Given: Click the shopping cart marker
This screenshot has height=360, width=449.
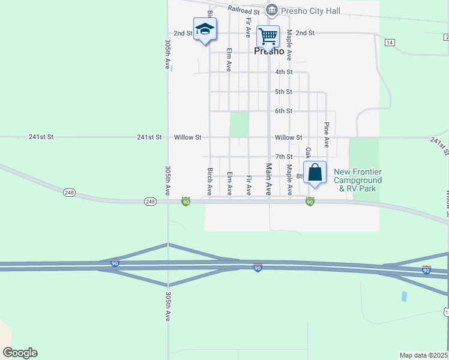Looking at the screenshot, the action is (x=268, y=36).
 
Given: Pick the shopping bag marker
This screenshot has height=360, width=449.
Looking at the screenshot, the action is (x=315, y=173).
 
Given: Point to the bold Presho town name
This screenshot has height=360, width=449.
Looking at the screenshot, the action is (x=269, y=51).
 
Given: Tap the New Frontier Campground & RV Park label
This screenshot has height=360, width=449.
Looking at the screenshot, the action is (x=358, y=180).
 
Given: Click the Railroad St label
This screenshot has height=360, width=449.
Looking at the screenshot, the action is (x=244, y=10).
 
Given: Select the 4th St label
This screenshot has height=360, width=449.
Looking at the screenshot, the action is (x=283, y=72).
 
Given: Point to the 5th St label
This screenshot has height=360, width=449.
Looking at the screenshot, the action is (x=283, y=92).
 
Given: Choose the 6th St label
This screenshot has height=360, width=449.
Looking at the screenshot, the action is (x=283, y=111).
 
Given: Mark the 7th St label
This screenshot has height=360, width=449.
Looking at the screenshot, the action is (x=283, y=157).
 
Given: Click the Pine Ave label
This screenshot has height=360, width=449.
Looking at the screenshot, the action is (x=327, y=135).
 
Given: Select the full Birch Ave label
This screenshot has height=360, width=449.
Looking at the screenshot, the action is (x=210, y=182).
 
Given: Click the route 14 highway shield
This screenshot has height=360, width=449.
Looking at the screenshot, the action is (x=390, y=42).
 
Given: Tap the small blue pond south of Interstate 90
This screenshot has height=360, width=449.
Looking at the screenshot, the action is (x=403, y=296).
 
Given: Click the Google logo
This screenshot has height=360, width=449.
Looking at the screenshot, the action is (x=20, y=353).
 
